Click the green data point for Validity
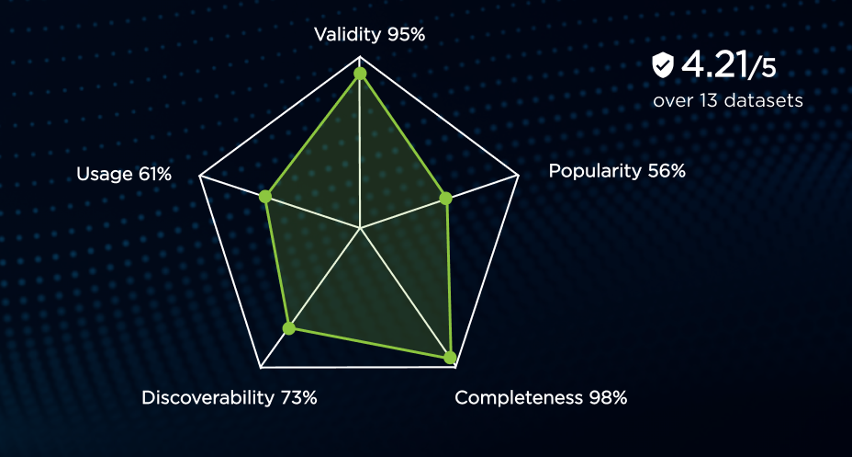coord(360,74)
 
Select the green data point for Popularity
coord(445,198)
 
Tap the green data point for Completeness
coord(450,358)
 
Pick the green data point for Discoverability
coord(289,327)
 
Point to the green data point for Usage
coord(264,197)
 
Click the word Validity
coord(348,35)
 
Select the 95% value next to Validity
coord(406,35)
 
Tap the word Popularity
coord(595,171)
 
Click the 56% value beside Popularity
coord(667,171)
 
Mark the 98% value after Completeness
coord(608,398)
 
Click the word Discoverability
coord(208,398)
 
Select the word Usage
coord(104,175)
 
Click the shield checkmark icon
coord(662,65)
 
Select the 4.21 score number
coord(713,65)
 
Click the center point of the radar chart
coord(360,228)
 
